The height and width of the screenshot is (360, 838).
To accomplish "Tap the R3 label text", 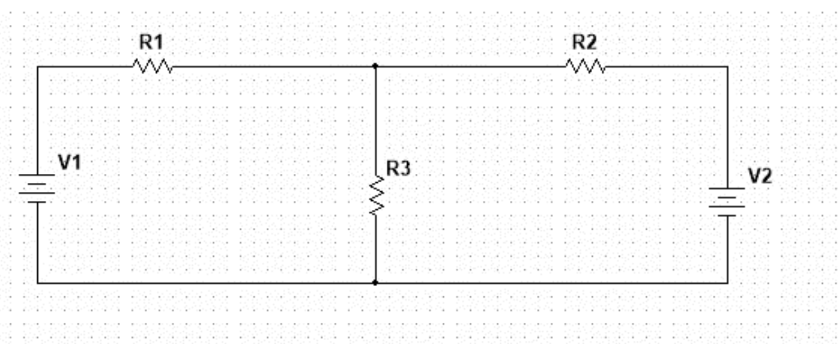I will (x=399, y=168).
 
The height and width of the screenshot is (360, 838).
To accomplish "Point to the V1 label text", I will (x=70, y=163).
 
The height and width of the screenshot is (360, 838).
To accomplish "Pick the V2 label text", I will (x=760, y=176).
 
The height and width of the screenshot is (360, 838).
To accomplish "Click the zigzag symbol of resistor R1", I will (x=152, y=67).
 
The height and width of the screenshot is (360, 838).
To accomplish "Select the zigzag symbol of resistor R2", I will (x=586, y=67).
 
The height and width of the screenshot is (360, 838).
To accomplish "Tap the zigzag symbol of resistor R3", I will (x=376, y=195).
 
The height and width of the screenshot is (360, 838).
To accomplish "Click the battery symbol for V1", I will (x=37, y=188).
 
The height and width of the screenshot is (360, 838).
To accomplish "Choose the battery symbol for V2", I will (x=727, y=201).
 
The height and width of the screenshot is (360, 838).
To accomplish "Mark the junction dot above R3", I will (x=376, y=66).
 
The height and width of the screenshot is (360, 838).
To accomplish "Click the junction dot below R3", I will (x=376, y=282).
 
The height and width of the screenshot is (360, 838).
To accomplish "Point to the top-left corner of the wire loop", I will (x=38, y=67).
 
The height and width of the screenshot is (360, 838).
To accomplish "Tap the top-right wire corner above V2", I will (x=727, y=67).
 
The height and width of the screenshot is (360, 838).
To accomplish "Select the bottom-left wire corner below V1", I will (x=38, y=282).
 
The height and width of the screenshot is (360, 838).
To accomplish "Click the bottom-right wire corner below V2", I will (x=727, y=282).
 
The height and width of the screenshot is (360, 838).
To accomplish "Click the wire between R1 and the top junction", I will (x=271, y=67).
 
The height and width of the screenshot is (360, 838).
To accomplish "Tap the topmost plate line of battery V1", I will (x=37, y=175).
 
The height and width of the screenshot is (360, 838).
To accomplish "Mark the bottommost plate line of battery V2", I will (x=727, y=215).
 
